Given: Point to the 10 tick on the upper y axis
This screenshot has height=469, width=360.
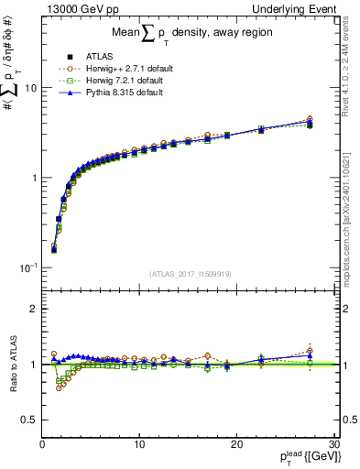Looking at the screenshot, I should pyautogui.click(x=28, y=88).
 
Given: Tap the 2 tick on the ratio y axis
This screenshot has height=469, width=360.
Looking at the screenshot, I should pyautogui.click(x=32, y=309).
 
